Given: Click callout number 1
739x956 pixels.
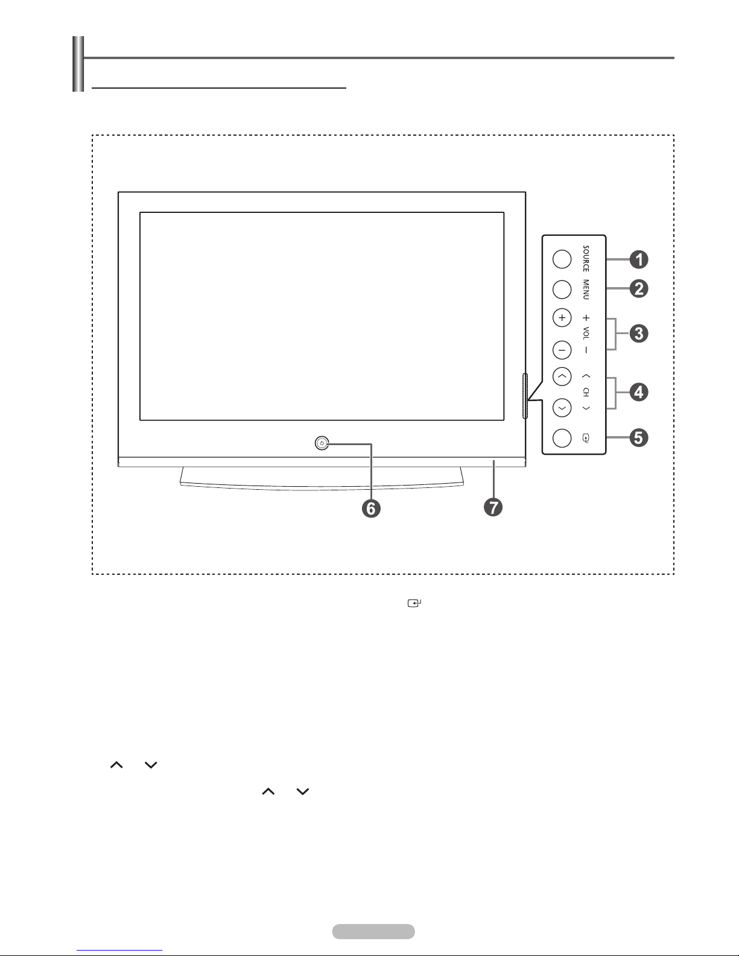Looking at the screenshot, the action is click(x=639, y=260).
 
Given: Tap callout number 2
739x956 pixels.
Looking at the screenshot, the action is click(x=639, y=289).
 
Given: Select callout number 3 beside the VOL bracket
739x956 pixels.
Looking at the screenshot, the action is click(x=639, y=334).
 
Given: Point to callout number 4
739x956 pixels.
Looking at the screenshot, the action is click(x=639, y=393).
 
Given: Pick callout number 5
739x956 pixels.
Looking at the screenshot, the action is click(x=639, y=437).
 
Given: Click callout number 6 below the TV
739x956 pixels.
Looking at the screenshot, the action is click(x=371, y=508).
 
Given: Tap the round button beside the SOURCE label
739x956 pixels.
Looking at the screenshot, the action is click(x=562, y=259).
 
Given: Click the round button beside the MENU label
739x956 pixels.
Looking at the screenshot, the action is click(x=562, y=289).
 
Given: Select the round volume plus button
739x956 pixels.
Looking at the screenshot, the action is click(x=562, y=318).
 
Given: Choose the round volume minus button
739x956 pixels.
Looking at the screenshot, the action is click(x=562, y=349).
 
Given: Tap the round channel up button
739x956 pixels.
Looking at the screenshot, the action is click(x=562, y=377).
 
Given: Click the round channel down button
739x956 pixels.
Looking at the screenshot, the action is click(x=562, y=408).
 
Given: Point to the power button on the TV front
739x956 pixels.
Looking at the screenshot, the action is click(x=322, y=443).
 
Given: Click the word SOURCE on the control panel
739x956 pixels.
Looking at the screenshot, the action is click(x=586, y=259).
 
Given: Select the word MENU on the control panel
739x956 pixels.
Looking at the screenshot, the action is click(x=586, y=290).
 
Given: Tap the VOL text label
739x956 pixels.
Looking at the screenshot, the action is click(x=586, y=333).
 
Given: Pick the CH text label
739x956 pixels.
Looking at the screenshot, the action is click(x=586, y=392).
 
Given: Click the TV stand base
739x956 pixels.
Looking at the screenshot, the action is click(x=322, y=476).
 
